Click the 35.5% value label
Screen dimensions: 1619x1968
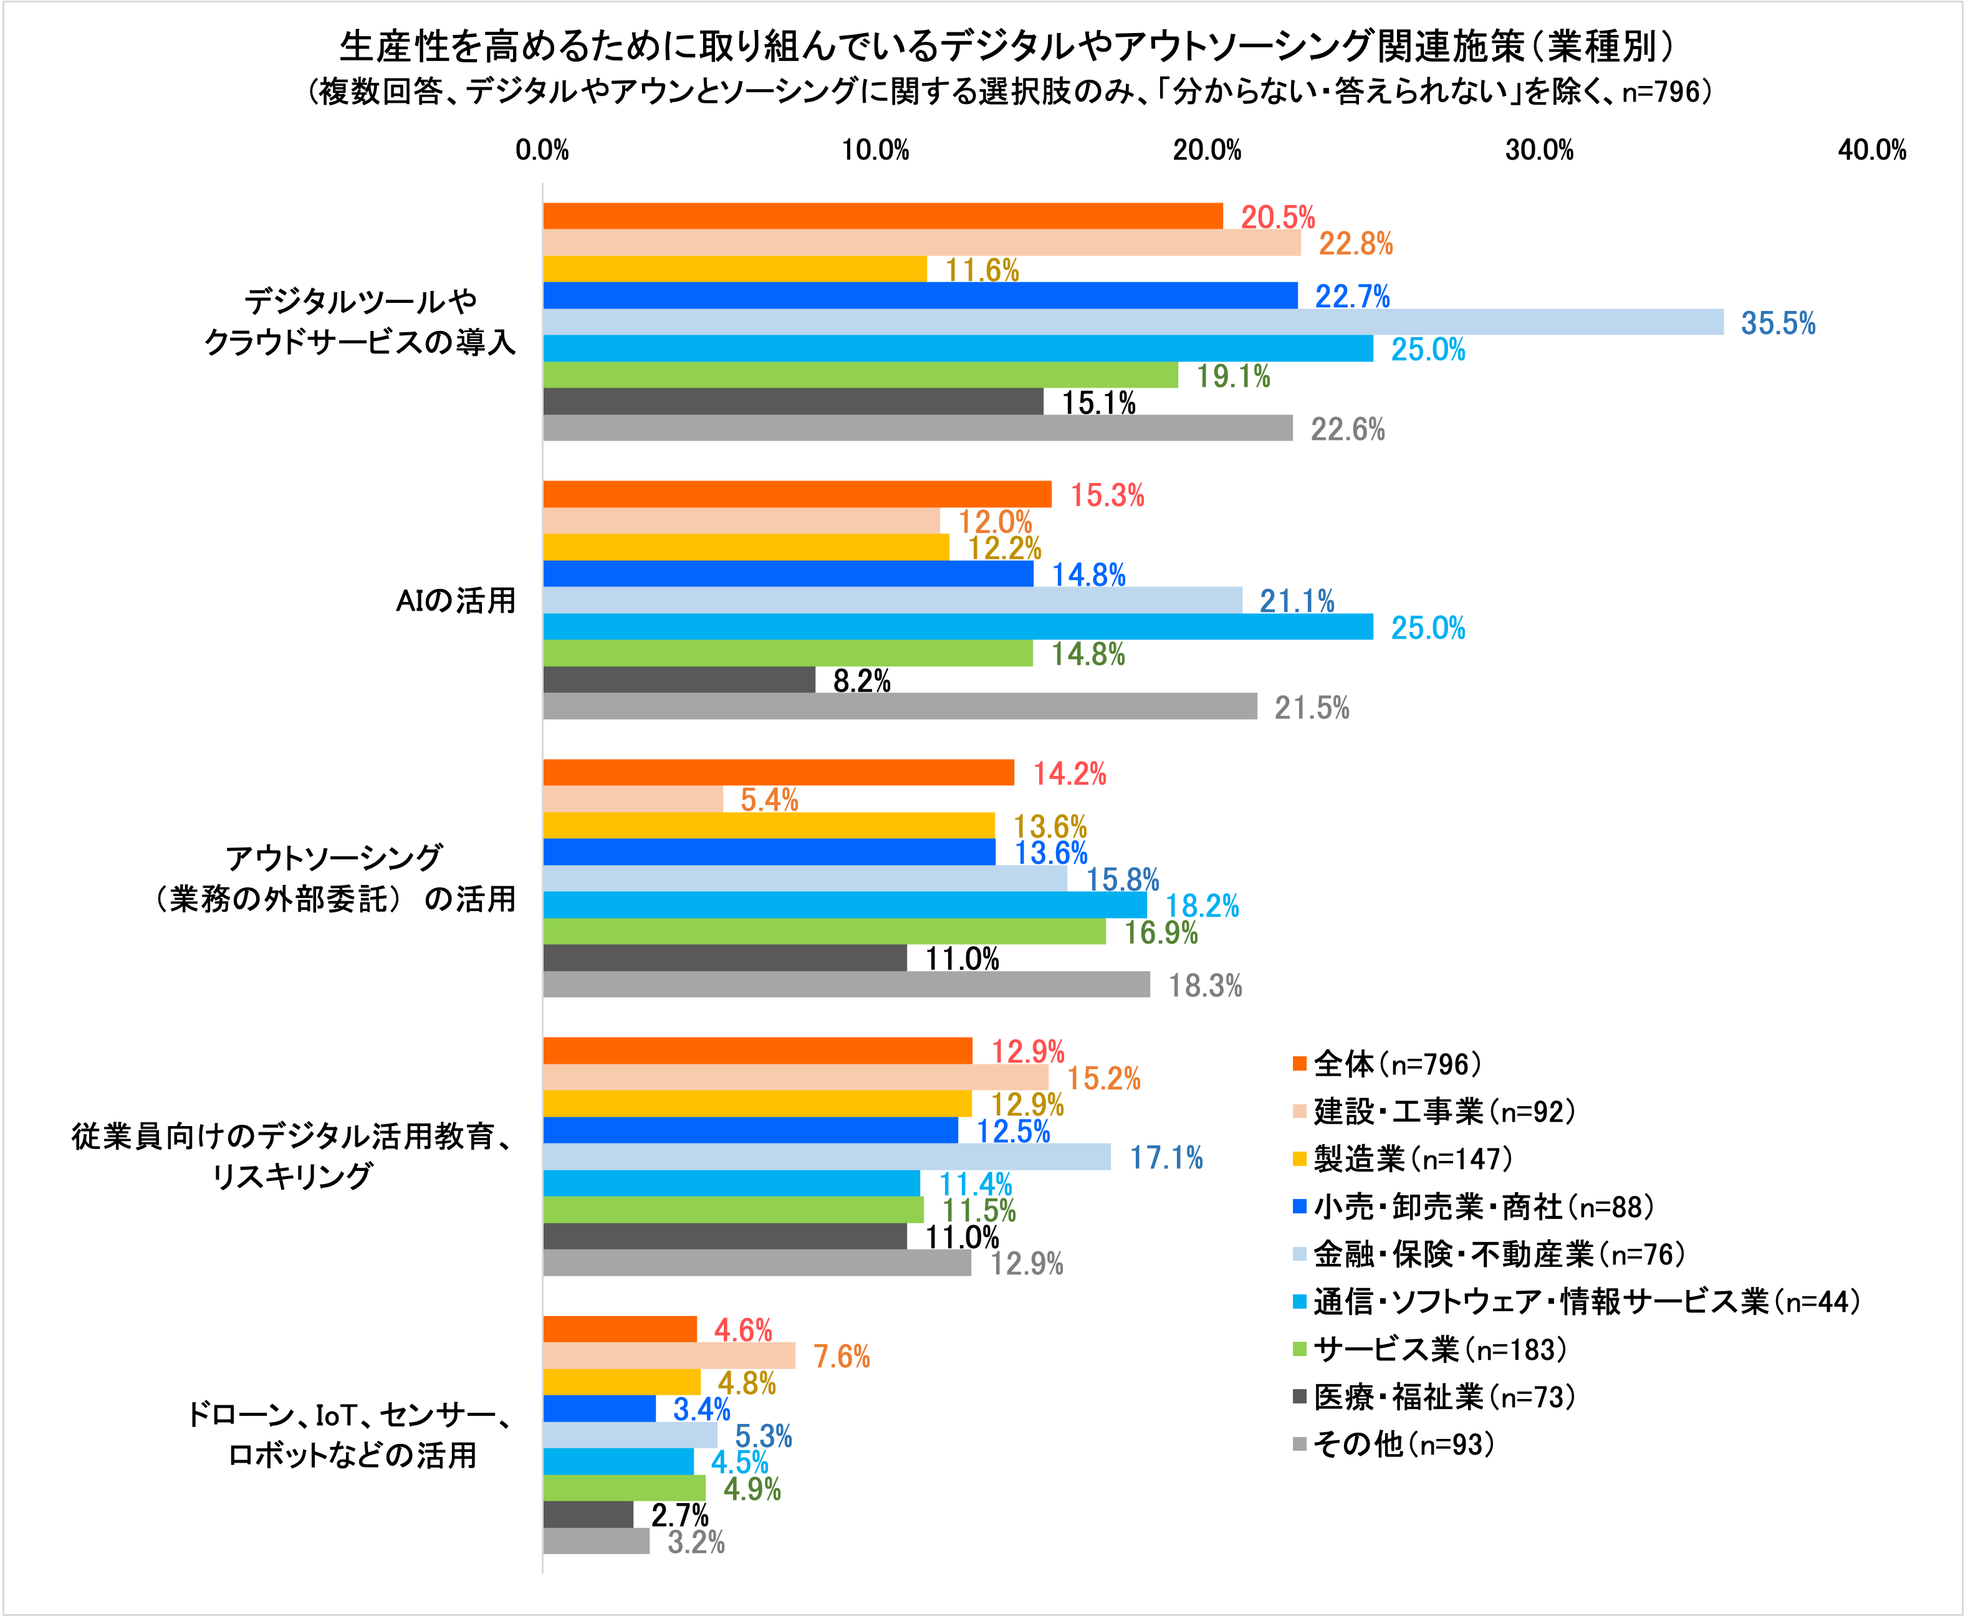click(x=1778, y=323)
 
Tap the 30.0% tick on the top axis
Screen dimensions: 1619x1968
click(x=1539, y=150)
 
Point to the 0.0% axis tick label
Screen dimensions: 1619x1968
click(x=542, y=150)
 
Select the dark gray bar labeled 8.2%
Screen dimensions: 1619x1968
click(x=679, y=680)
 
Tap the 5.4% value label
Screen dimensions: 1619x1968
click(x=769, y=800)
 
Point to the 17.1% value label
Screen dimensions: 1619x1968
click(x=1166, y=1158)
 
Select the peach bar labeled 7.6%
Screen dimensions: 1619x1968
click(x=669, y=1356)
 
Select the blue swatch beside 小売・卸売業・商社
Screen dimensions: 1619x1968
click(x=1299, y=1207)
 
